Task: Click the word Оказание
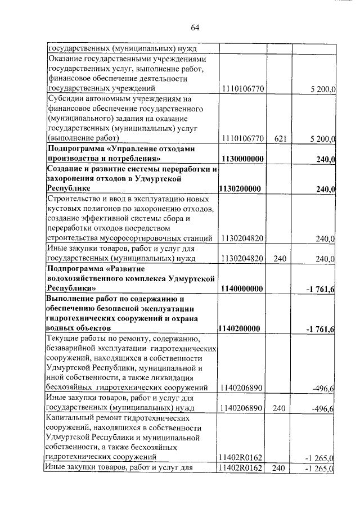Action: pos(67,58)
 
